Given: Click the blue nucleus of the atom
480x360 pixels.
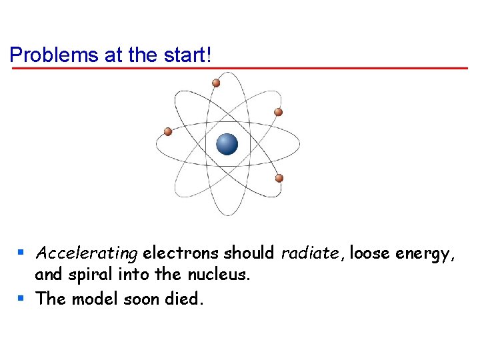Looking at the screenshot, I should coord(227,143).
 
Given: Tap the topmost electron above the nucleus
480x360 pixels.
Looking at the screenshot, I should coord(216,83).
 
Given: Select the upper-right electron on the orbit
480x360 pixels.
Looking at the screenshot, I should coord(279,112).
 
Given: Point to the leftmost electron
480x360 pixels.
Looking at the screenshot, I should coord(168,132).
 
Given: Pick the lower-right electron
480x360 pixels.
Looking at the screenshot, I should coord(279,178).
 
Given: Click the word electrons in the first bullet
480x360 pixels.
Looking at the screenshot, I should coord(181,253).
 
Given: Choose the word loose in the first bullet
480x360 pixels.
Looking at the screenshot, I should coord(370,253).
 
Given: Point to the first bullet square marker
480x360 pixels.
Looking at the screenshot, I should coord(21,253).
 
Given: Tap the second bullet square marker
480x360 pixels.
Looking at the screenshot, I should coord(21,298).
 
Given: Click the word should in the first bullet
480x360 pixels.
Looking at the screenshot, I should coord(249,253).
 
